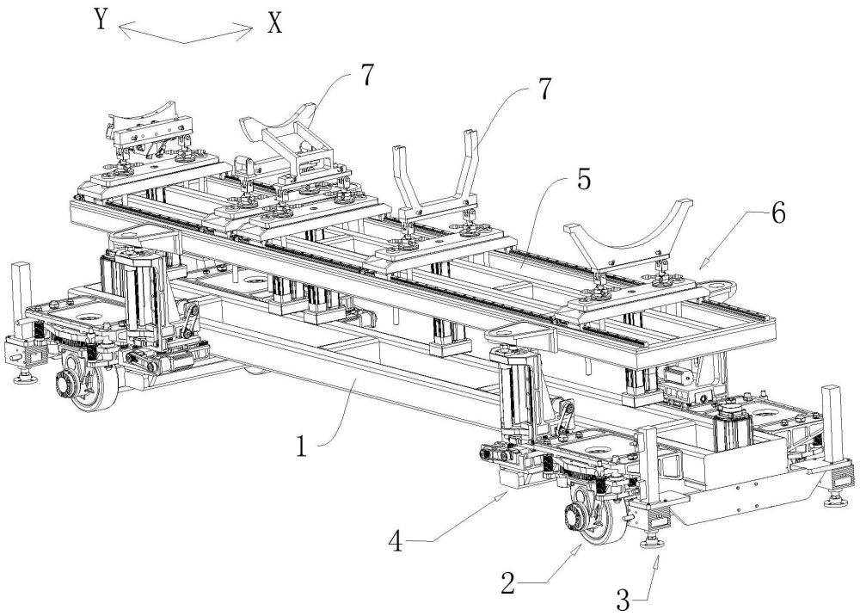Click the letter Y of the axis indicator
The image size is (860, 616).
[x=101, y=20]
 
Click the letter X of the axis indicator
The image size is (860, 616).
[x=274, y=23]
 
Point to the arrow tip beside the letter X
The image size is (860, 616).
[x=254, y=30]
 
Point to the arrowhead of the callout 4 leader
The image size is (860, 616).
[x=507, y=495]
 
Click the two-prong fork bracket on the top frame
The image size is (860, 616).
[x=435, y=181]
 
